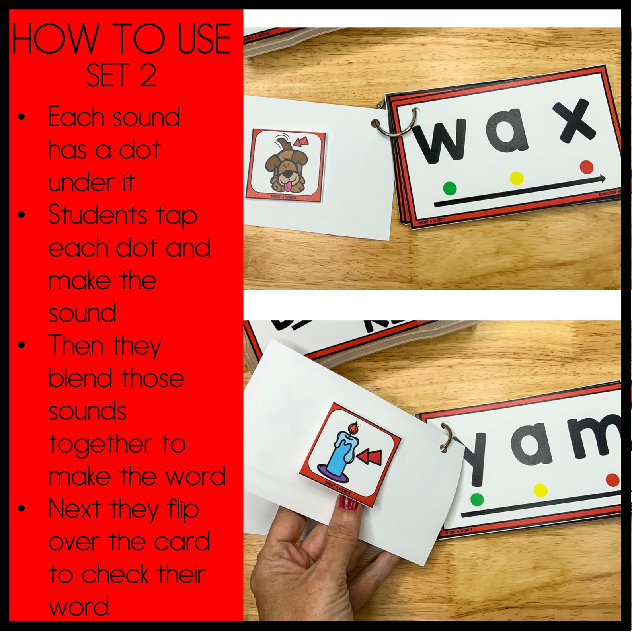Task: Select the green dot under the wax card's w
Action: pyautogui.click(x=450, y=188)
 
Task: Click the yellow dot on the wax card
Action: pyautogui.click(x=516, y=178)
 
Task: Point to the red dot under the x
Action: pyautogui.click(x=586, y=167)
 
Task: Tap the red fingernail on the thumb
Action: pyautogui.click(x=349, y=502)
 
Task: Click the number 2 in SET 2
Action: pyautogui.click(x=148, y=76)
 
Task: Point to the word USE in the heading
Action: pyautogui.click(x=204, y=39)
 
